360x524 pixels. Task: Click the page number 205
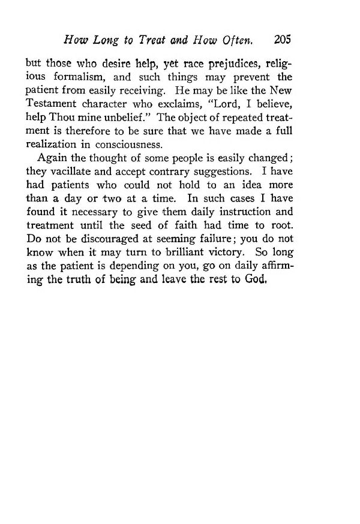(x=282, y=41)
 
